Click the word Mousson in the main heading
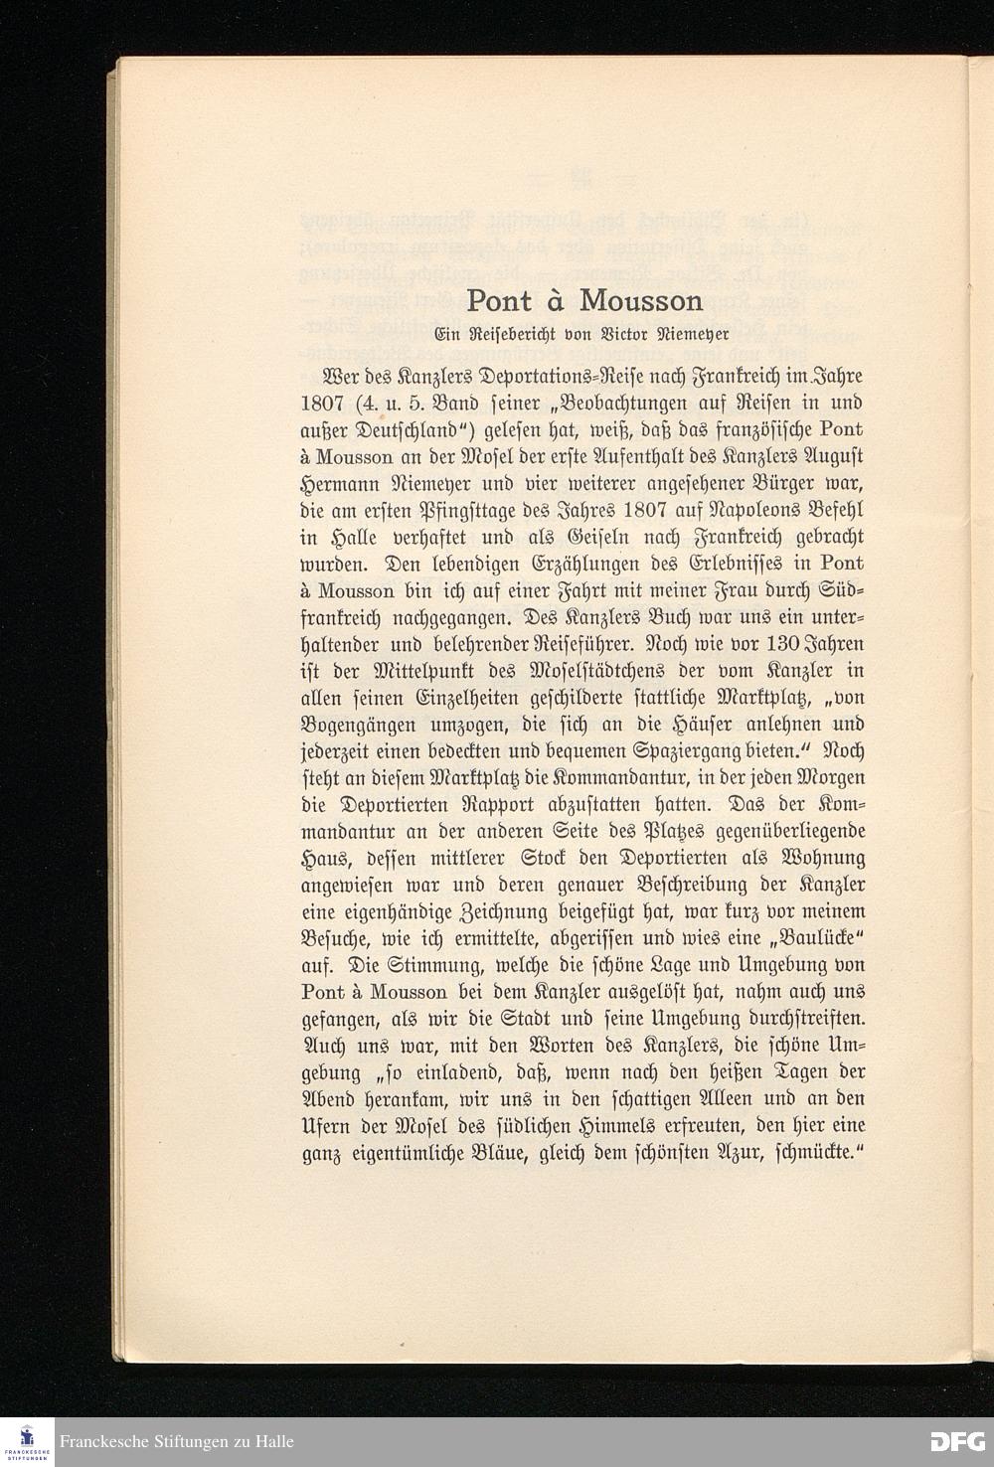tap(641, 300)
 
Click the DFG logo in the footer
tap(956, 1441)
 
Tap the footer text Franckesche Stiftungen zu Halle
tap(177, 1442)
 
